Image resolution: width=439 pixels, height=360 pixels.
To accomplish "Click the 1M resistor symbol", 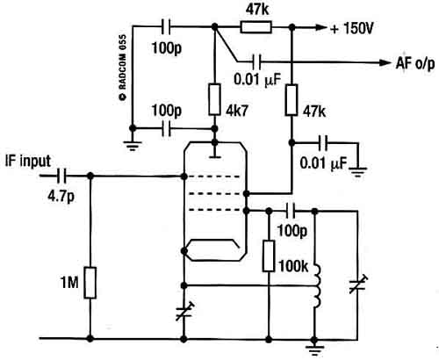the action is pos(90,283).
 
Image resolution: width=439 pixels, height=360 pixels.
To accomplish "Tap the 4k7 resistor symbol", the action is pos(214,99).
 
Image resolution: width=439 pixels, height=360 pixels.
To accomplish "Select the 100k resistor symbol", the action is pos(269,256).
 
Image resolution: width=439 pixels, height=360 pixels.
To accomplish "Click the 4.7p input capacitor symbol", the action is pos(61,176).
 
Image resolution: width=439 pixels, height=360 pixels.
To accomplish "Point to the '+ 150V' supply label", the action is pos(352,28).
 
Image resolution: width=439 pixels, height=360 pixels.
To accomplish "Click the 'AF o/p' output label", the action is pos(415,63).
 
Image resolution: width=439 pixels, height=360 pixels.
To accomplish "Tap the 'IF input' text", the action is pos(28,161).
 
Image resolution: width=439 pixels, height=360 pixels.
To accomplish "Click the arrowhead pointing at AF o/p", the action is pos(385,62).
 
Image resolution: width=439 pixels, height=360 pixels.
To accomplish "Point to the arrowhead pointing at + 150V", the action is pos(320,27).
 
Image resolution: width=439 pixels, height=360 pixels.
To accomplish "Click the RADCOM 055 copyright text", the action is pos(123,68).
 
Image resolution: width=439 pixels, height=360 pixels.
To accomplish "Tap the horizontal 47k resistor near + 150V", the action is pos(256,27).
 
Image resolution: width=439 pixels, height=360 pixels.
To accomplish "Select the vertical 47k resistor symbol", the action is pos(291,100).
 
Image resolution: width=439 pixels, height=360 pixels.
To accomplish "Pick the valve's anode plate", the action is pos(215,157).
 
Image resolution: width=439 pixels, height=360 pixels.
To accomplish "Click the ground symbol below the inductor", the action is pos(314,349).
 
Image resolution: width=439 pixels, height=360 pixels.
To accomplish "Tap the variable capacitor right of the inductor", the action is pos(357,284).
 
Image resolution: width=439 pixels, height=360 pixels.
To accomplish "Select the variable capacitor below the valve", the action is pos(184,312).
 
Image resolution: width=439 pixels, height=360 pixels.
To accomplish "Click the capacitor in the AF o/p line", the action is pos(256,61).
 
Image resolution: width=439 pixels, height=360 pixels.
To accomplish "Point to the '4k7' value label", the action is pos(237,111).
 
